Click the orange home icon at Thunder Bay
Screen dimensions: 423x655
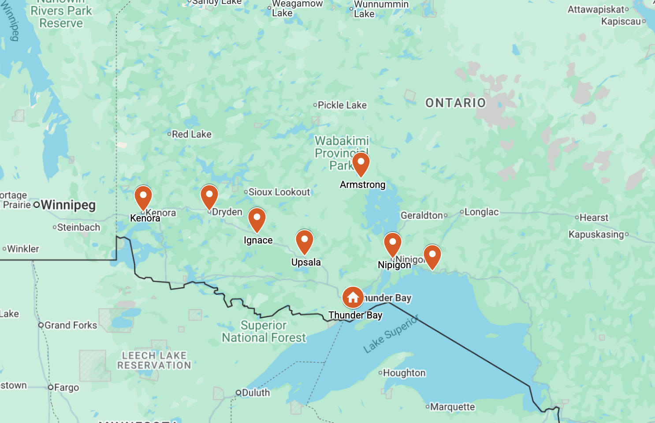pyautogui.click(x=353, y=298)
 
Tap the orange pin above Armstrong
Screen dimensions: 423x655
pyautogui.click(x=361, y=163)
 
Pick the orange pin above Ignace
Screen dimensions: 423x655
pyautogui.click(x=257, y=219)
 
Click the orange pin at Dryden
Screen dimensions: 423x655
pyautogui.click(x=209, y=196)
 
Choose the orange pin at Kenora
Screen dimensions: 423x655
pyautogui.click(x=143, y=197)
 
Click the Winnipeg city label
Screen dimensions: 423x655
pyautogui.click(x=68, y=205)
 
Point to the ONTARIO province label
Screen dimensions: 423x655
pyautogui.click(x=455, y=103)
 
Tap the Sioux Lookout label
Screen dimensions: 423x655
pyautogui.click(x=279, y=192)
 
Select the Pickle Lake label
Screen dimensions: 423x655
pyautogui.click(x=342, y=105)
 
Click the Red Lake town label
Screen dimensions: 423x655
pyautogui.click(x=191, y=134)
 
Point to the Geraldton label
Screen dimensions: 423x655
pyautogui.click(x=421, y=215)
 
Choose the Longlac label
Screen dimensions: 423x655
pyautogui.click(x=481, y=212)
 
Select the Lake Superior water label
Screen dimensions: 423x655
pyautogui.click(x=391, y=334)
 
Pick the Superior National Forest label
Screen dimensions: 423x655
pyautogui.click(x=264, y=331)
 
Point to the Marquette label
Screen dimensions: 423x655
pyautogui.click(x=452, y=407)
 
